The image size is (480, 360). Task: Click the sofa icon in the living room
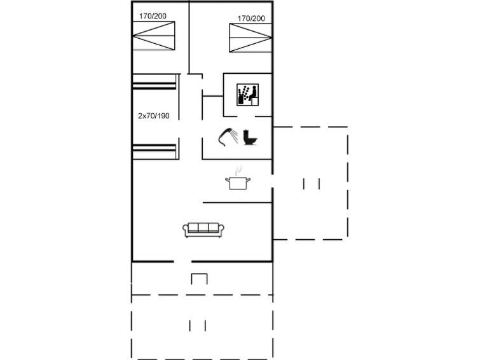[x=203, y=230]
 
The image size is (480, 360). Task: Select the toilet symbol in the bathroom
[x=250, y=137]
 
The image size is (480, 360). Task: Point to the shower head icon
[x=228, y=136]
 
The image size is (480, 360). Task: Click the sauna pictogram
[x=248, y=95]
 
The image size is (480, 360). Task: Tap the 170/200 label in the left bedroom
[x=153, y=16]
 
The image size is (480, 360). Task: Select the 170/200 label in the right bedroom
[x=251, y=18]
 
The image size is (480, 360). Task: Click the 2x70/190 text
[x=154, y=116]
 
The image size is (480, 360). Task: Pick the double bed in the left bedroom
[x=154, y=36]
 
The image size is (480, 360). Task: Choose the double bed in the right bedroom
[x=250, y=38]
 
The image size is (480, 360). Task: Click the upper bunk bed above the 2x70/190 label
[x=154, y=81]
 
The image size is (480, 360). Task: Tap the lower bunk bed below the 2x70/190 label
[x=154, y=151]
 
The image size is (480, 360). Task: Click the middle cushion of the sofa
[x=203, y=228]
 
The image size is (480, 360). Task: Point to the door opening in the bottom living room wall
[x=182, y=261]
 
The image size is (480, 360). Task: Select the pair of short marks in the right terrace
[x=312, y=184]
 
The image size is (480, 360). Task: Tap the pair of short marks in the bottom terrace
[x=198, y=326]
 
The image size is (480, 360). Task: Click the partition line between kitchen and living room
[x=237, y=202]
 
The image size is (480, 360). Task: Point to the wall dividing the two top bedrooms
[x=189, y=38]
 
